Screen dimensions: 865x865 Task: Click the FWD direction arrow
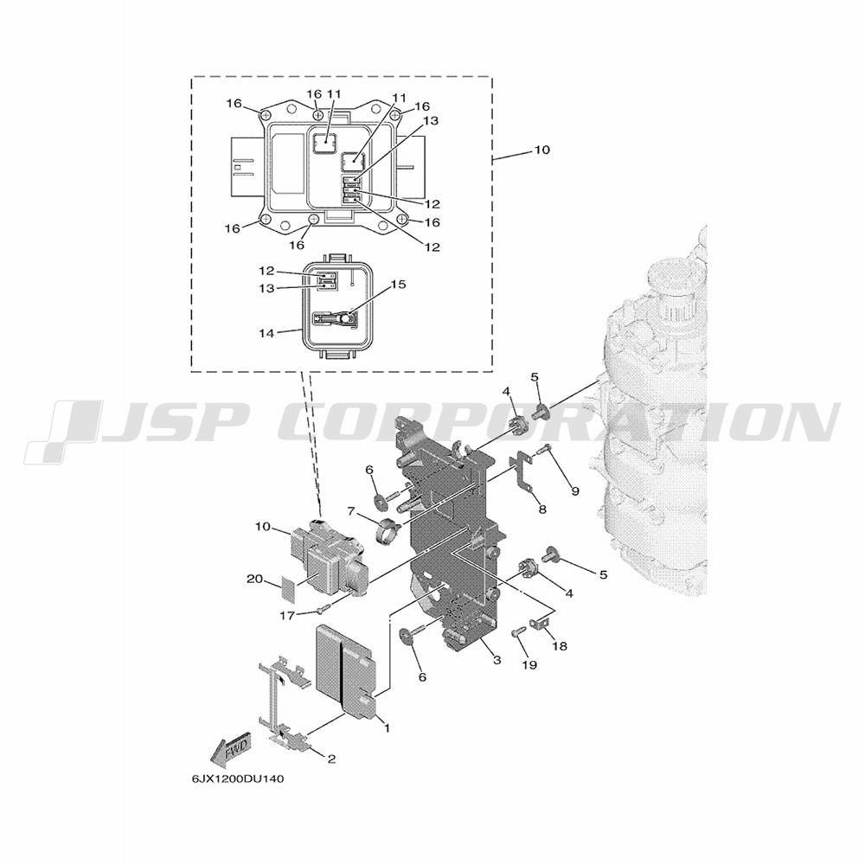(x=231, y=747)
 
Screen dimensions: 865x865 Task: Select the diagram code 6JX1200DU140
(x=238, y=779)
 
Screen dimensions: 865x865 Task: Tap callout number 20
(x=255, y=579)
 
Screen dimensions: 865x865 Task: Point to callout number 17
(x=287, y=616)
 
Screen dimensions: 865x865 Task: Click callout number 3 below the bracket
(x=497, y=660)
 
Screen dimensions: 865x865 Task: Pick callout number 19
(x=529, y=665)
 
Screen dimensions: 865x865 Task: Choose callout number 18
(x=560, y=645)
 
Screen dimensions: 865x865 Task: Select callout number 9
(x=575, y=491)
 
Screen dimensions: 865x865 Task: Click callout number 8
(x=542, y=509)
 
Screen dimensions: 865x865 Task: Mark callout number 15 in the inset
(x=398, y=285)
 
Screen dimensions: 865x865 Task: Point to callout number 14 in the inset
(x=266, y=334)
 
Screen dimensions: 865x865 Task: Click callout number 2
(x=331, y=759)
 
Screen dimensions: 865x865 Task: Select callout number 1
(x=387, y=728)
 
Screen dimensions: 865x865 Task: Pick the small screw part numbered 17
(x=324, y=608)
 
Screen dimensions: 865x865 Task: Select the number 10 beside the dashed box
(x=542, y=150)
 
